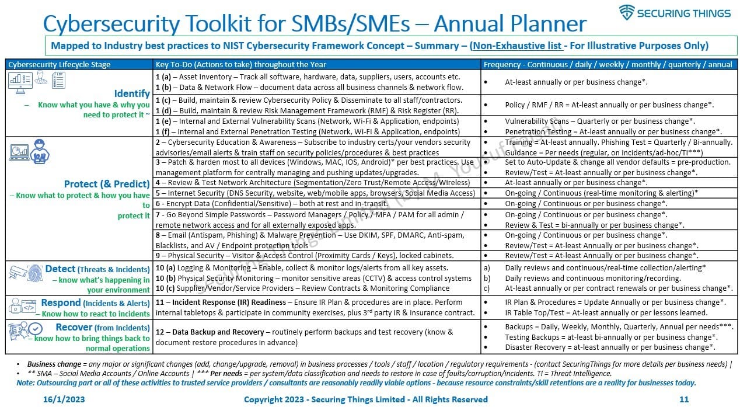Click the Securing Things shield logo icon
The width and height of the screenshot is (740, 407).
[x=627, y=13]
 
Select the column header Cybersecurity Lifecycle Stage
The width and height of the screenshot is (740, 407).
[x=60, y=64]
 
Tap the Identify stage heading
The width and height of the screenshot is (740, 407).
[x=132, y=93]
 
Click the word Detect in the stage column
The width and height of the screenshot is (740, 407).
[x=61, y=269]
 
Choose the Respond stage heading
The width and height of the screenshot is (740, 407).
[x=61, y=303]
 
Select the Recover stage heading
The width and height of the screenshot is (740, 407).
[x=74, y=328]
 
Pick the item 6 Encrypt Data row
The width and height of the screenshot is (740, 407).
[x=271, y=204]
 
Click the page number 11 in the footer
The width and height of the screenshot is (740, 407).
[x=685, y=399]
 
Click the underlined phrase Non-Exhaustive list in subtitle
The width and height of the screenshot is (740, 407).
[x=517, y=46]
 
